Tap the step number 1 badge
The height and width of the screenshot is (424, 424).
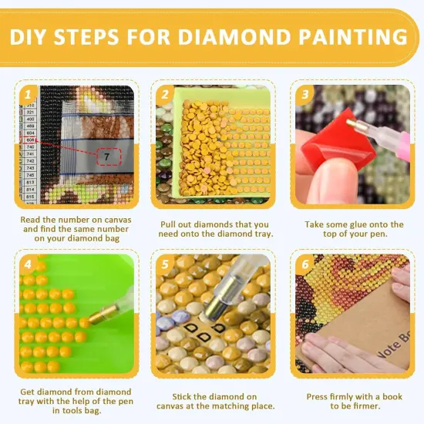(x=29, y=95)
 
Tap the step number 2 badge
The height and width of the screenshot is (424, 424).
(x=164, y=95)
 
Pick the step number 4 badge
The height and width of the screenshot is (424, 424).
(x=29, y=263)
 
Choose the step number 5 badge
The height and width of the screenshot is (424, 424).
(x=164, y=263)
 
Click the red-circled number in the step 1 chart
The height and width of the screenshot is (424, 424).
(x=30, y=140)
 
